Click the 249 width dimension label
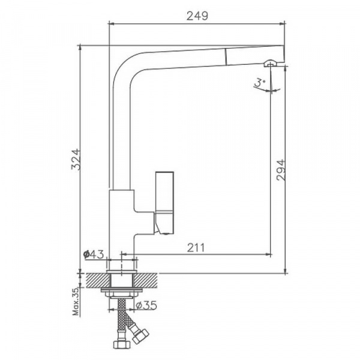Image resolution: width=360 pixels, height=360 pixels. (x=197, y=16)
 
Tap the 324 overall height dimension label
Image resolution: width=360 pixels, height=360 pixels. (x=76, y=160)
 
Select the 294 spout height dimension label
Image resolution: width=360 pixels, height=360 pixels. (x=281, y=170)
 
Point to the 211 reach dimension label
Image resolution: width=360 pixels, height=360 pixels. (x=196, y=247)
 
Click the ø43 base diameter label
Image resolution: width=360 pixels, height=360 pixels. (x=94, y=254)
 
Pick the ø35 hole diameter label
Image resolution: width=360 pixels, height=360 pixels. (x=146, y=305)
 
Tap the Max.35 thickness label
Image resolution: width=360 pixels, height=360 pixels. (x=76, y=301)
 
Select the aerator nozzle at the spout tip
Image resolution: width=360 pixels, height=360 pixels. (x=271, y=63)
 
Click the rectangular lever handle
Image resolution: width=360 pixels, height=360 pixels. (x=164, y=202)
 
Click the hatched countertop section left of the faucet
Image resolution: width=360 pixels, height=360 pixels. (x=98, y=280)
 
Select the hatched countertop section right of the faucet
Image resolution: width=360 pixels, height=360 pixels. (x=146, y=280)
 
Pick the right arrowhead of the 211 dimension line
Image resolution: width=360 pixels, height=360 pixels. (x=268, y=254)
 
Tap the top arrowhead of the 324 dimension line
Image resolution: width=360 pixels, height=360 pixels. (x=80, y=47)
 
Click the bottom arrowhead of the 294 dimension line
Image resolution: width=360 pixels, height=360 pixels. (x=285, y=271)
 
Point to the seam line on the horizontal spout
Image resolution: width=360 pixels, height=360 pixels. (x=226, y=57)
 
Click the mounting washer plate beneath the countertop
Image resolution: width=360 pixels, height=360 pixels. (x=122, y=290)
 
